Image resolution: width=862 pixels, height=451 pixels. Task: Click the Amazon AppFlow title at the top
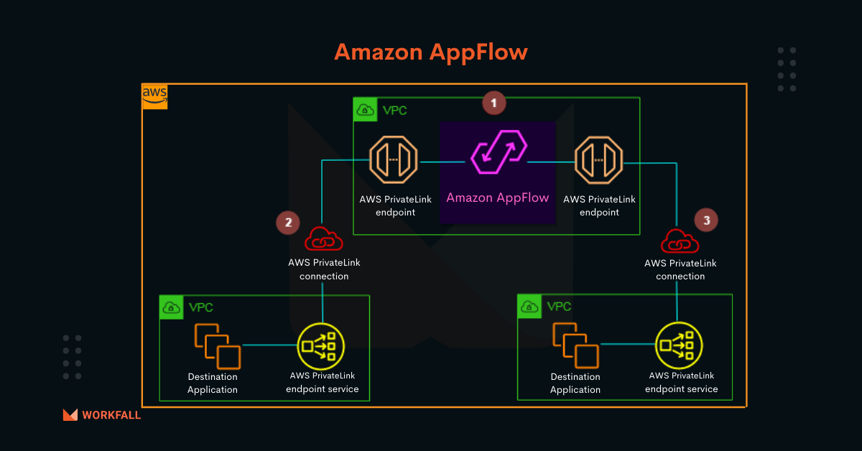tap(430, 52)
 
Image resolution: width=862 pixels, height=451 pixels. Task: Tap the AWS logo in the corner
tap(154, 96)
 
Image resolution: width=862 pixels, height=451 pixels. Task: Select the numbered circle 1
tap(493, 103)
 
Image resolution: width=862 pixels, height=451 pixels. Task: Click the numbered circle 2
tap(288, 222)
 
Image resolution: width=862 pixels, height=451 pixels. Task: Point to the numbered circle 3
tap(706, 220)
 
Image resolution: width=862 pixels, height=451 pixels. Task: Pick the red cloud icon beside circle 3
tap(679, 241)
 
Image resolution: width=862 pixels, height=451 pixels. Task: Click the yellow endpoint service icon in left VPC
tap(321, 345)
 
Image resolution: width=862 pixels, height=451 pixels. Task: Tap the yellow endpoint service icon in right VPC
tap(679, 345)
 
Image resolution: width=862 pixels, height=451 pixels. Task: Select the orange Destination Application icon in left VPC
tap(218, 345)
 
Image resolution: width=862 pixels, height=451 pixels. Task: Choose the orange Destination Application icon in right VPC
tap(575, 345)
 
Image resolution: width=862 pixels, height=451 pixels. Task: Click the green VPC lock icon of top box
tap(365, 110)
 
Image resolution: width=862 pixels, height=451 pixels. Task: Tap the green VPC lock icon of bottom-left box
tap(171, 307)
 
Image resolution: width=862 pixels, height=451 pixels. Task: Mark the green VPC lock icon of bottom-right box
tap(529, 306)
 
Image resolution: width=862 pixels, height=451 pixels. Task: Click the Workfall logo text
tap(111, 415)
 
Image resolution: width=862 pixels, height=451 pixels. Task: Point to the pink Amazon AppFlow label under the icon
tap(498, 197)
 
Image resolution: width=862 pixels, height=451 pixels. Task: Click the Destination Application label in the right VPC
tap(575, 383)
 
